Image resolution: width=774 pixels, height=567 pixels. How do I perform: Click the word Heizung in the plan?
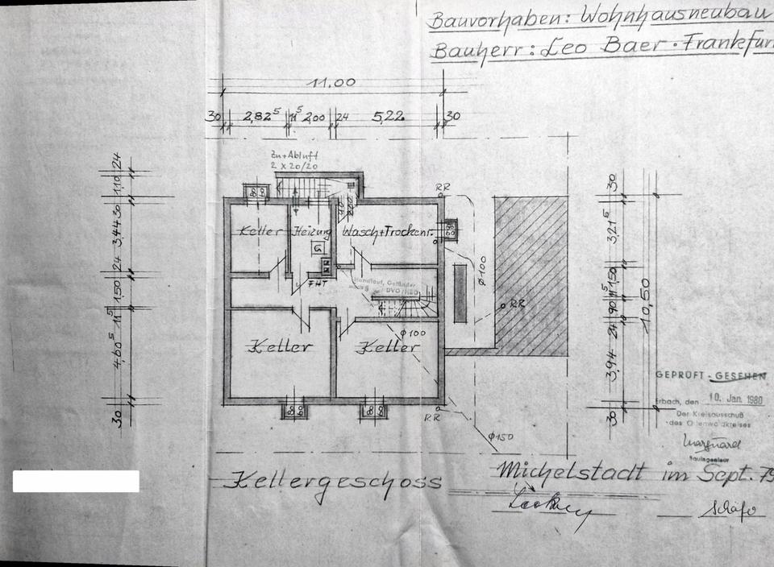(x=311, y=231)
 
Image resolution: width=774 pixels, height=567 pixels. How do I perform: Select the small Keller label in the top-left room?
(x=259, y=231)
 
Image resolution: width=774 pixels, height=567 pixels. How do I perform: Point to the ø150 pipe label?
(x=501, y=437)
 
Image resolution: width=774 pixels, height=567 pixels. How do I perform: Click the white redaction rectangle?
(x=76, y=482)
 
